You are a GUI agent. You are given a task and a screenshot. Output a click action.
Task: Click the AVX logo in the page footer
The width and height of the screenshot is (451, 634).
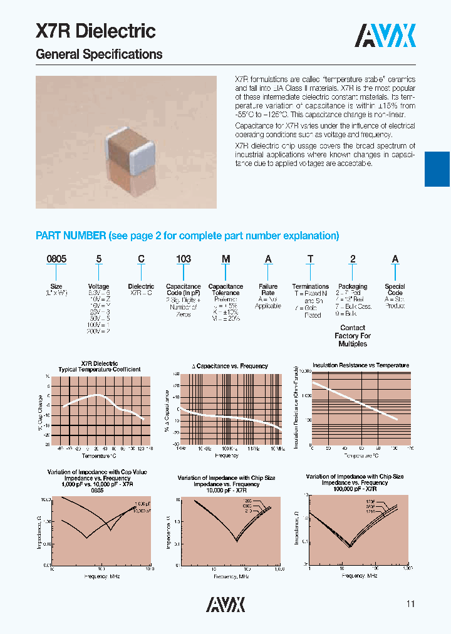click(225, 603)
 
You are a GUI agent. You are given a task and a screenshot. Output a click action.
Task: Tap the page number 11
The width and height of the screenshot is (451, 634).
click(410, 604)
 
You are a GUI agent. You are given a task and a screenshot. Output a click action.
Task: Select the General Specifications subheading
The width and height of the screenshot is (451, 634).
click(99, 55)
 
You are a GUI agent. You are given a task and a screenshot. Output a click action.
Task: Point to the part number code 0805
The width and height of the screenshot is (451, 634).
click(57, 259)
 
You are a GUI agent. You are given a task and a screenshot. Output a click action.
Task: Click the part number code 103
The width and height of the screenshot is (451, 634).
click(183, 259)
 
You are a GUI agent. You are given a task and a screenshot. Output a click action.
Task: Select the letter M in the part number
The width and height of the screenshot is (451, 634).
click(225, 259)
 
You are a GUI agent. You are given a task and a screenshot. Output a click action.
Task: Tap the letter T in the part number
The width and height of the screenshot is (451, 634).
click(310, 259)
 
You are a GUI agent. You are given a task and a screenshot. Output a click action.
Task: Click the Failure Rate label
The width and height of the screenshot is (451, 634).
click(268, 289)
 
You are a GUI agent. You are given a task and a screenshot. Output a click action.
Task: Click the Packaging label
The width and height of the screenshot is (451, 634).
click(353, 286)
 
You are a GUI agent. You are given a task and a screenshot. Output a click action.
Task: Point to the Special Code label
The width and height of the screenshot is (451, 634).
click(395, 289)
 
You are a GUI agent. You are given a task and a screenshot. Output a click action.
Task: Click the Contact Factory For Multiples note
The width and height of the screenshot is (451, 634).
click(353, 336)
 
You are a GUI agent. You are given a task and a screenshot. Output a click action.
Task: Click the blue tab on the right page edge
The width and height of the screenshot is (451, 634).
click(437, 169)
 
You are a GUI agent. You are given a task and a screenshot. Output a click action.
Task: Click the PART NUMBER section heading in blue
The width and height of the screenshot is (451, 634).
click(187, 236)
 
